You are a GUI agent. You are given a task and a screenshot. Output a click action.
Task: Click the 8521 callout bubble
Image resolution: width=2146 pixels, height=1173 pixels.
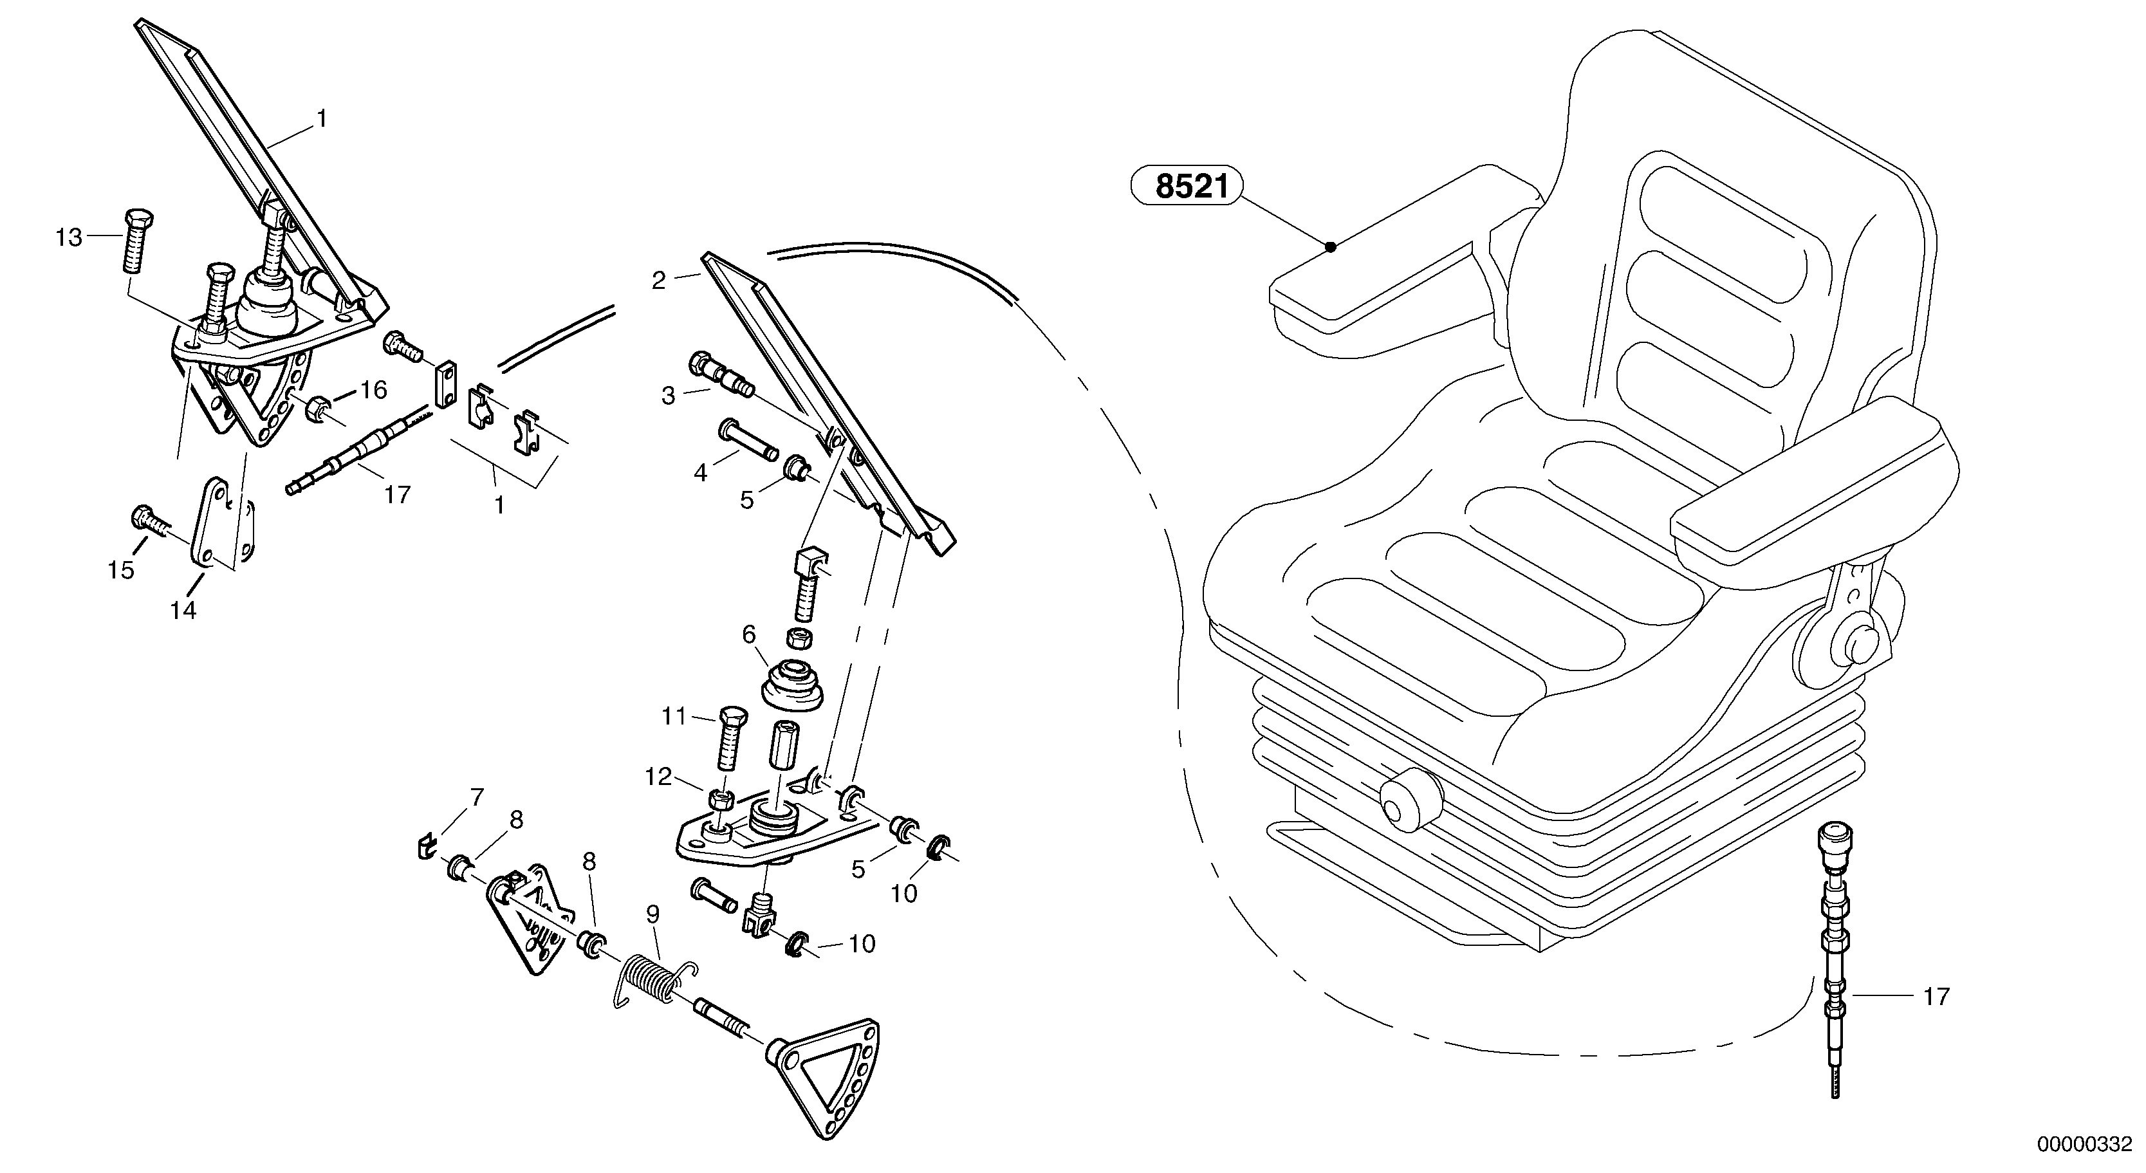coord(1185,187)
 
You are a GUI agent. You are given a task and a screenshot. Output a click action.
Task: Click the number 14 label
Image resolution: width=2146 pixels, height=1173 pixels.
coord(183,611)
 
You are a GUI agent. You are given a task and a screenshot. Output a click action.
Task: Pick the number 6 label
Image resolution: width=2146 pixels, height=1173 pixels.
coord(748,635)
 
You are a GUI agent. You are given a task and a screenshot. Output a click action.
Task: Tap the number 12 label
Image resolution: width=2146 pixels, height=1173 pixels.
coord(658,777)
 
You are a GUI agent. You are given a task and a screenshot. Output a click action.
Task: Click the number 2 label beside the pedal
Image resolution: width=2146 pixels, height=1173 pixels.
coord(659,281)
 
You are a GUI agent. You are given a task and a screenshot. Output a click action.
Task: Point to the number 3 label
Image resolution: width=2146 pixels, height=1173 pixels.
coord(668,396)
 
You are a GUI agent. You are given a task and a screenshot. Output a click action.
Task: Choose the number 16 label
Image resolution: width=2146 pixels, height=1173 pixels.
coord(374,390)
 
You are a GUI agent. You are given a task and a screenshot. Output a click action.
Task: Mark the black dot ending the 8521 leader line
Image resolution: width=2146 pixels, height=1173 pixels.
coord(1331,246)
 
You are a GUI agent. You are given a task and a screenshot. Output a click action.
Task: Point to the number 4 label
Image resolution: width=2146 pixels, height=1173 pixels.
coord(701,473)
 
